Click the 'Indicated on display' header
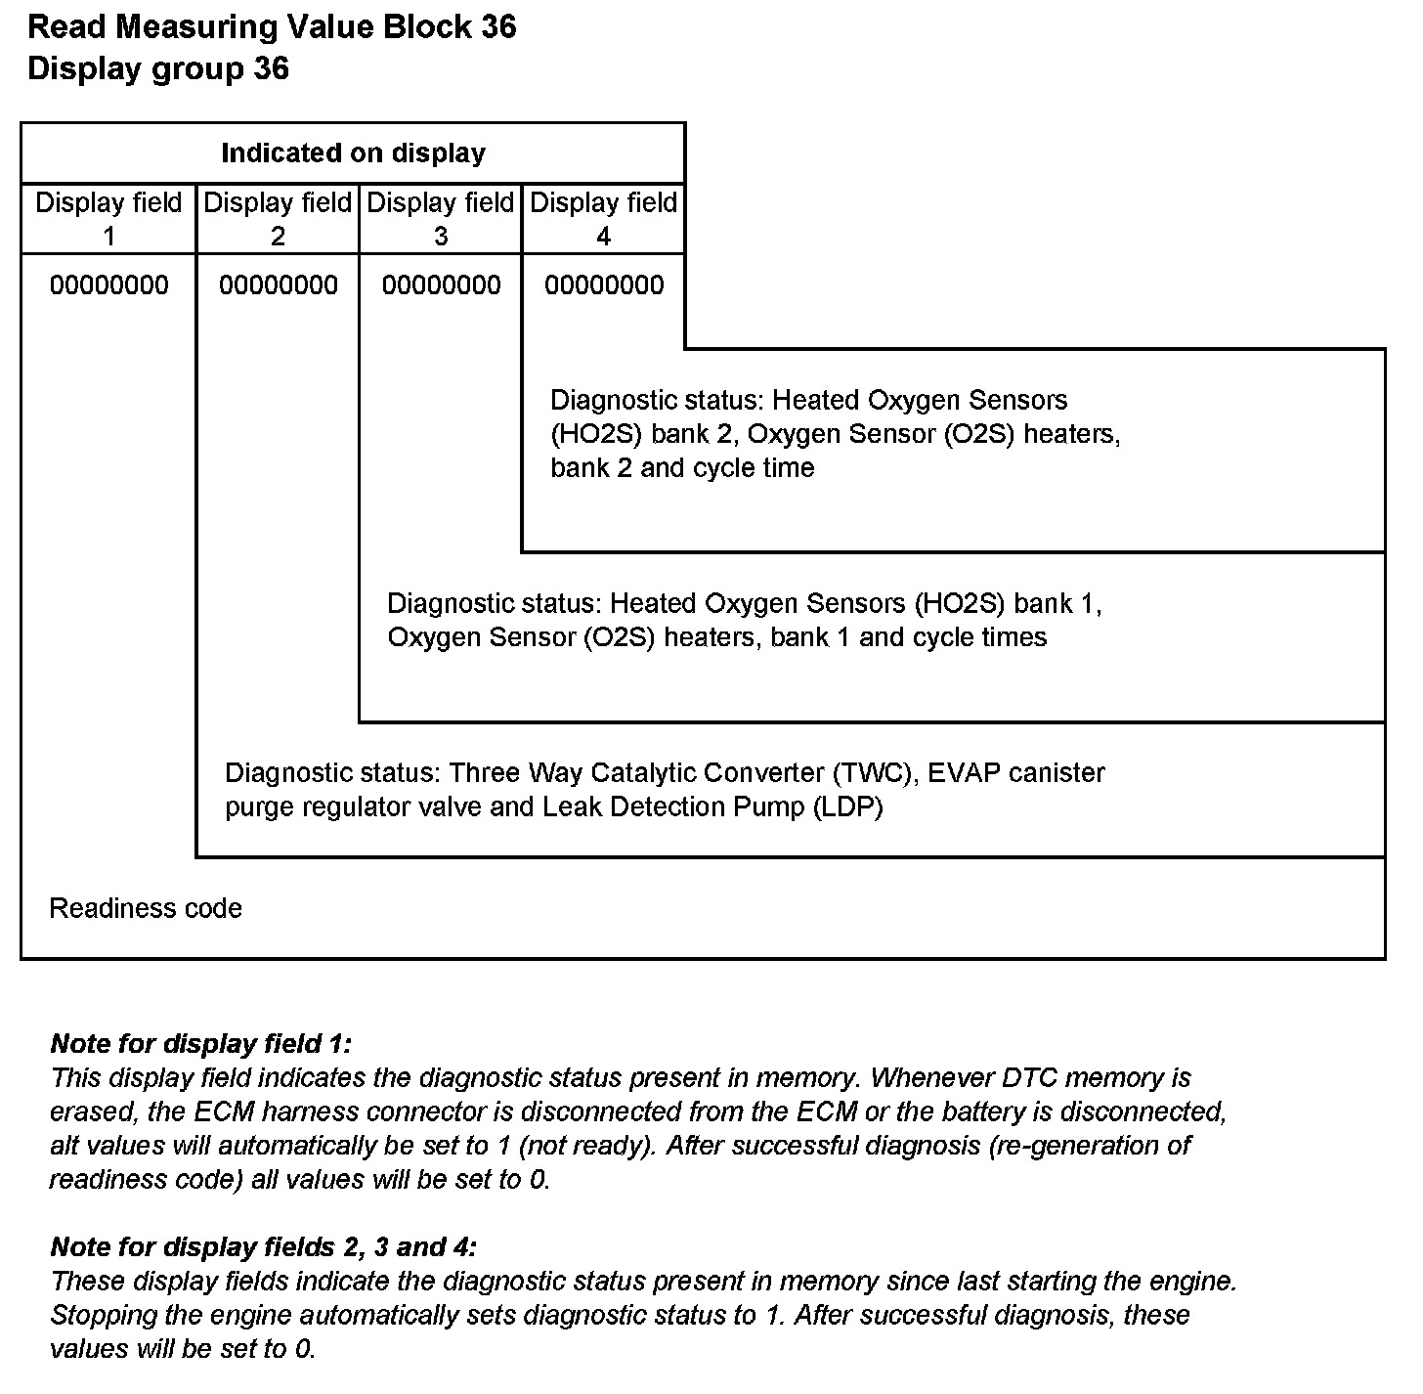pyautogui.click(x=353, y=153)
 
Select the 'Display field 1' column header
pyautogui.click(x=108, y=219)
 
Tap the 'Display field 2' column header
pyautogui.click(x=278, y=219)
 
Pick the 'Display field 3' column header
pyautogui.click(x=441, y=219)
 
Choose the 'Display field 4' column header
pyautogui.click(x=603, y=219)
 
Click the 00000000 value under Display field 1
pyautogui.click(x=108, y=285)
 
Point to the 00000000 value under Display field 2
pyautogui.click(x=279, y=285)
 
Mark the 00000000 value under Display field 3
pyautogui.click(x=441, y=285)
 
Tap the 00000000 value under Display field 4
pyautogui.click(x=604, y=285)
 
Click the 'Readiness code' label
pyautogui.click(x=146, y=909)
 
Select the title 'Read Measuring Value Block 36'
pyautogui.click(x=272, y=27)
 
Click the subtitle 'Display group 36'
pyautogui.click(x=158, y=69)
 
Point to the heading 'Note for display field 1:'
pyautogui.click(x=200, y=1044)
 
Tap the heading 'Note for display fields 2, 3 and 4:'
pyautogui.click(x=264, y=1247)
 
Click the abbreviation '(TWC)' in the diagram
pyautogui.click(x=875, y=773)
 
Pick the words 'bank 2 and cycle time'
pyautogui.click(x=682, y=468)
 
